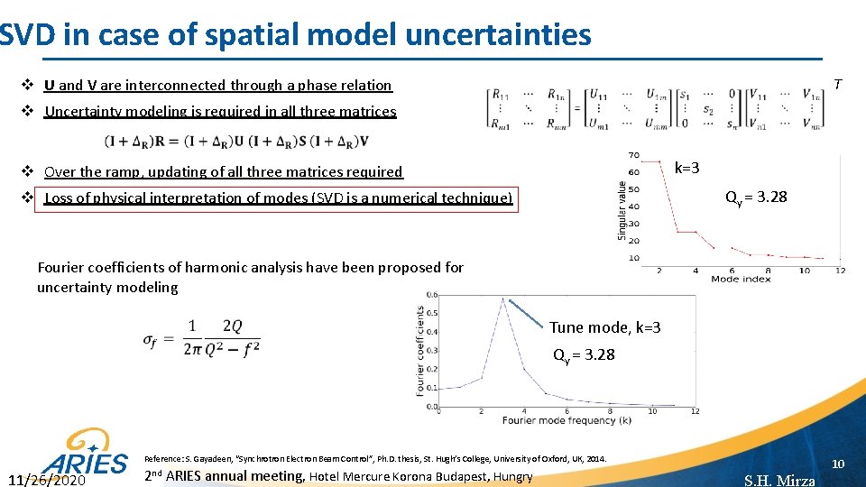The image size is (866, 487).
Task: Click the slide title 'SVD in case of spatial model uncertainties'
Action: point(296,34)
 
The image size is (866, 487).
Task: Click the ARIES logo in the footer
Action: point(87,456)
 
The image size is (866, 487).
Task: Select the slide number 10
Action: point(837,464)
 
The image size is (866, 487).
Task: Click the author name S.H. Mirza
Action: point(779,480)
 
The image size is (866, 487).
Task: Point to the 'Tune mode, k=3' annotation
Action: point(604,327)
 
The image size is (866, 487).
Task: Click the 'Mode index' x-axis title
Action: point(740,280)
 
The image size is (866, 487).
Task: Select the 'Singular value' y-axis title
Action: point(621,210)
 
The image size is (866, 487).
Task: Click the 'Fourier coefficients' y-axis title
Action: point(420,351)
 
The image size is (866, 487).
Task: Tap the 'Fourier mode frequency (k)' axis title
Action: point(567,420)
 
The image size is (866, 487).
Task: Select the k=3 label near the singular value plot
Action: point(686,168)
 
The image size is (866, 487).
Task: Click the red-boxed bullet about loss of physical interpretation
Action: point(278,198)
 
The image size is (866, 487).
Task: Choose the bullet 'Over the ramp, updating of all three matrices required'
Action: point(223,171)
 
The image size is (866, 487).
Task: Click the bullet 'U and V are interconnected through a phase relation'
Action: point(217,86)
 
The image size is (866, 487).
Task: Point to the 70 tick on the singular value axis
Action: point(634,155)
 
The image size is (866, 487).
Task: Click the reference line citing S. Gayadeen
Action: point(375,459)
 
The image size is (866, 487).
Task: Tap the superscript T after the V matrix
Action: point(837,84)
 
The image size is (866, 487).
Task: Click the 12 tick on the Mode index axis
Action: point(840,271)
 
